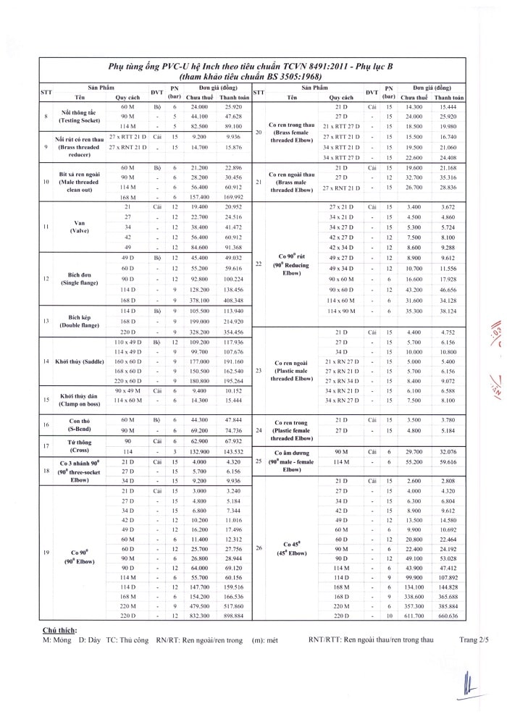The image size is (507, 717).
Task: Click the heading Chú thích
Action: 59,631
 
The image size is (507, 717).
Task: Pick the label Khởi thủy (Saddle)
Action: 79,360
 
